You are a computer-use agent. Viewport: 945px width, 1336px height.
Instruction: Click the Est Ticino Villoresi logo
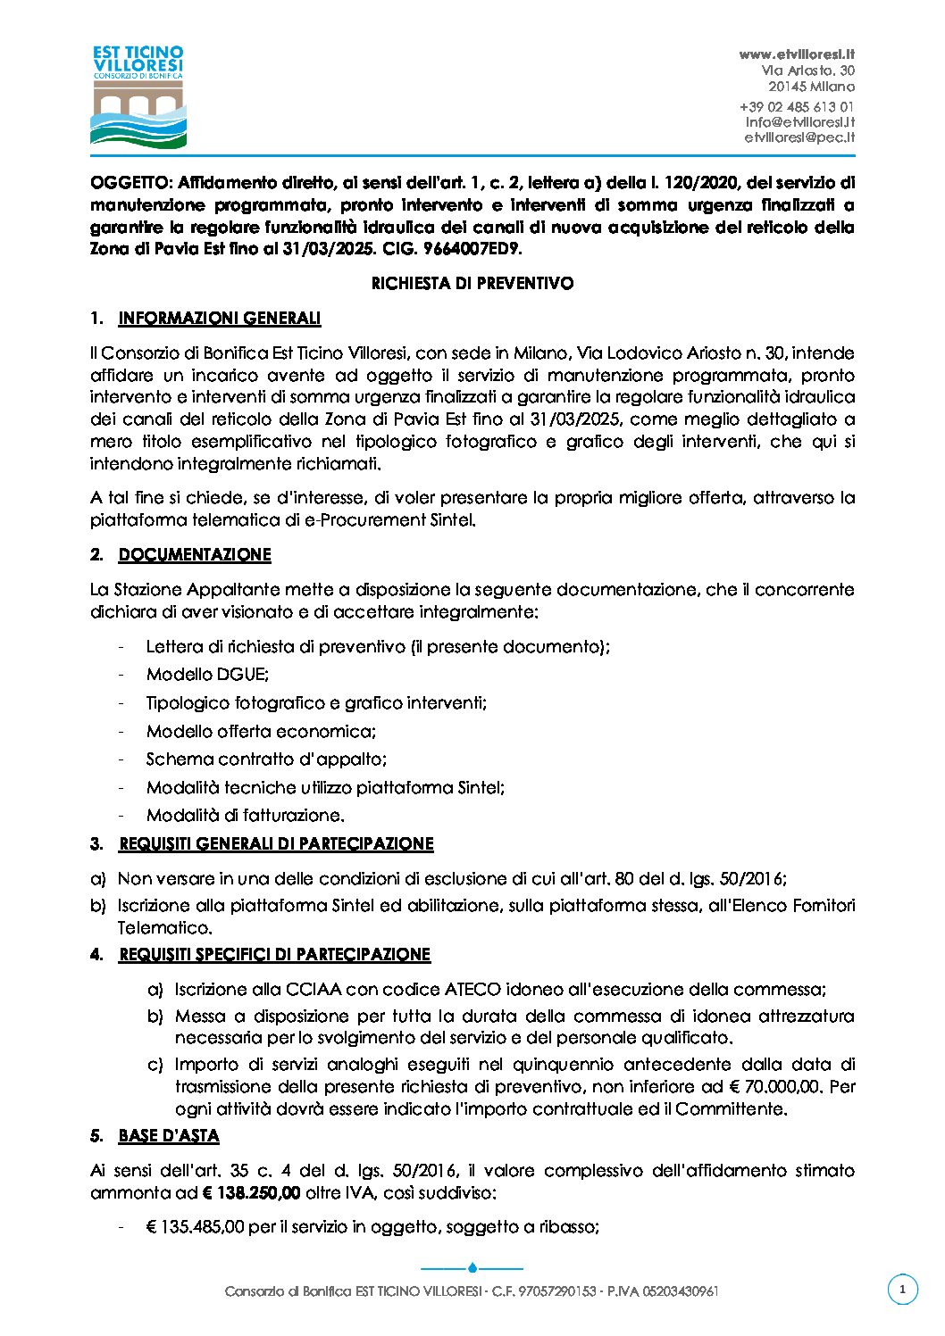tap(138, 96)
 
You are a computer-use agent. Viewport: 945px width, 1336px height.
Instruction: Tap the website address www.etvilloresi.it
tap(797, 54)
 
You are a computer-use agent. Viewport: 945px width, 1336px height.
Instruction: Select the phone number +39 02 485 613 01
tap(797, 106)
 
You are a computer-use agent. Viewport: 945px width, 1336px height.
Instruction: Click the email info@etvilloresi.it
tap(799, 122)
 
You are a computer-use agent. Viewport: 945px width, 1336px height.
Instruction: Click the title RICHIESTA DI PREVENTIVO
tap(472, 283)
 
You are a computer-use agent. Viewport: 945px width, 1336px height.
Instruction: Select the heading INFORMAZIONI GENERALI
tap(219, 319)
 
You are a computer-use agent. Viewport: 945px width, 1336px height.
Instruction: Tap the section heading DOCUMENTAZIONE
tap(194, 554)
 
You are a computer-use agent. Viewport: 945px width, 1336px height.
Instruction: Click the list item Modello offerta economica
tap(261, 731)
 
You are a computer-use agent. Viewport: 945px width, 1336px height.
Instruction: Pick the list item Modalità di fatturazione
tap(245, 815)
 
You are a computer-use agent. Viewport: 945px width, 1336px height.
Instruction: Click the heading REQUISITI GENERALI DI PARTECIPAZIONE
tap(276, 843)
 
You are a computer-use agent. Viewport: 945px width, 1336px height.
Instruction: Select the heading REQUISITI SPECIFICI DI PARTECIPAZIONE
tap(274, 954)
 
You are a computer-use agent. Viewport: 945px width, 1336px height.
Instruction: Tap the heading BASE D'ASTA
tap(169, 1135)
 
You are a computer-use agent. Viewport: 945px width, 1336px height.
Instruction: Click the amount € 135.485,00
tap(195, 1227)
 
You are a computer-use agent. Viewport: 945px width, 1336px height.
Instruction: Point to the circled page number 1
tap(902, 1290)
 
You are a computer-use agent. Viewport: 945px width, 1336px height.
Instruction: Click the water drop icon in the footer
tap(472, 1267)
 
